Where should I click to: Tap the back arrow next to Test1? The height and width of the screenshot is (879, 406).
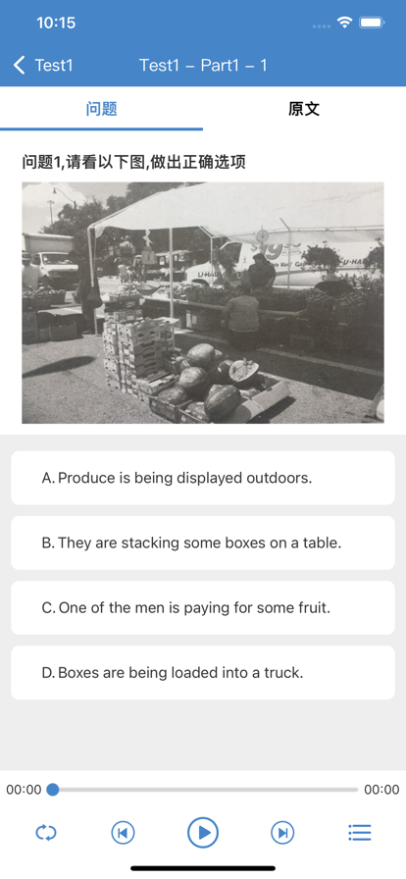tap(20, 65)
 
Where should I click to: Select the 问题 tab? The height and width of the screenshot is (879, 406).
tap(102, 109)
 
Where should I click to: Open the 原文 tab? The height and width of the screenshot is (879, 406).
tap(304, 109)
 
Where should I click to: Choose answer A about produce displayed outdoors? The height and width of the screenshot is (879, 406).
tap(203, 478)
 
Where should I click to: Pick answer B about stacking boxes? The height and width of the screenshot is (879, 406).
tap(203, 543)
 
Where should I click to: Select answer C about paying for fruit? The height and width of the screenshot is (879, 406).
tap(203, 607)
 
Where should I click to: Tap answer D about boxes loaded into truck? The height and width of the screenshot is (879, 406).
tap(203, 673)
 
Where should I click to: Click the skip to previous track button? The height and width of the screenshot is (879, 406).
tap(123, 833)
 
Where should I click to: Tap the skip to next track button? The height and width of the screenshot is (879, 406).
tap(282, 833)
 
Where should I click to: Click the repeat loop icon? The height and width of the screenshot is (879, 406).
tap(46, 833)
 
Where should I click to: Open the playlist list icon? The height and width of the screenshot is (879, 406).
tap(360, 833)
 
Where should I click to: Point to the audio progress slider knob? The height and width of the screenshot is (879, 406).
tap(53, 790)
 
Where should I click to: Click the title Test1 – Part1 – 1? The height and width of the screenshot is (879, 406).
tap(203, 65)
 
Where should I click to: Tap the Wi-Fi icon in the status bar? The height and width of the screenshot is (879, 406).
tap(344, 23)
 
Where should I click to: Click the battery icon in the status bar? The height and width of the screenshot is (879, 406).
tap(372, 23)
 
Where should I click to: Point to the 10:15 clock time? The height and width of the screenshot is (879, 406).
tap(56, 23)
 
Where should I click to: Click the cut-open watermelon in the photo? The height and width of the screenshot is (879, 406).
tap(244, 370)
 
